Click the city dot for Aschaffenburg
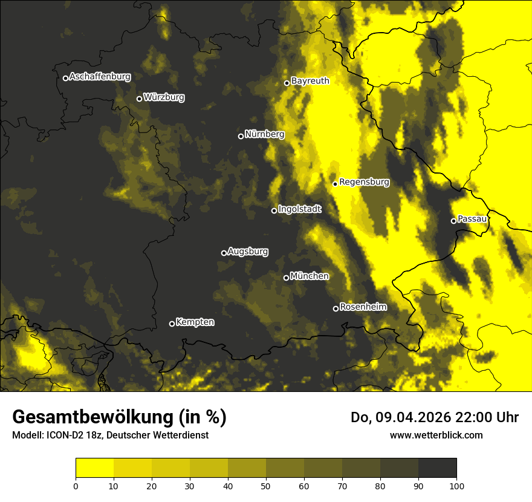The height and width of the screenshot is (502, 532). tap(65, 78)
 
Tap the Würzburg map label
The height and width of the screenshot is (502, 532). tap(164, 97)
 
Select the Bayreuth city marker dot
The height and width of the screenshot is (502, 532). tap(287, 83)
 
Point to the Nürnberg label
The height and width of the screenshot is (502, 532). tap(265, 134)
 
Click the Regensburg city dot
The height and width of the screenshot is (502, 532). tap(335, 184)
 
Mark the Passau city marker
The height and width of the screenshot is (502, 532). tap(453, 221)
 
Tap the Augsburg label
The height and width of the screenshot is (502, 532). tap(248, 252)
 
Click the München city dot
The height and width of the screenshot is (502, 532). tap(286, 278)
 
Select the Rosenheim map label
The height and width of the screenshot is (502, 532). tap(363, 307)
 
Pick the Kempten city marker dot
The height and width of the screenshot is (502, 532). tap(172, 324)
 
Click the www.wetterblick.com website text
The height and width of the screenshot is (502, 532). tap(436, 435)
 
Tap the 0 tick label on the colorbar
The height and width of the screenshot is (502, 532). tap(76, 486)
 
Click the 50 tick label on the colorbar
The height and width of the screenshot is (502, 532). tap(266, 486)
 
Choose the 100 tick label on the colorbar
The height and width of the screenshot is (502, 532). tap(456, 486)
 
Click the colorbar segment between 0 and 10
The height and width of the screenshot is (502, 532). tap(94, 468)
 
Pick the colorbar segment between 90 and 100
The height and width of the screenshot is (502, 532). tap(437, 468)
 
